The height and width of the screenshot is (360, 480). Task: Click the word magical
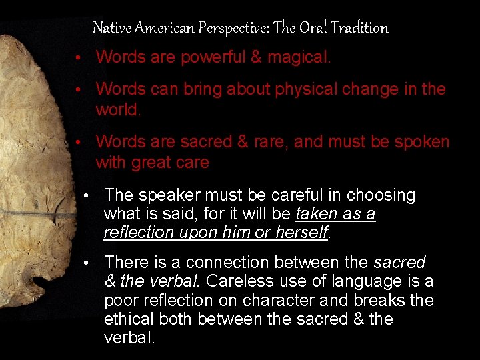299,57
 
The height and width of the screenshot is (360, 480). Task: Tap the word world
118,109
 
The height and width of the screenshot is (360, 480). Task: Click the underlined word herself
301,232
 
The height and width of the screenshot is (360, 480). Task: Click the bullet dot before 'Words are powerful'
79,58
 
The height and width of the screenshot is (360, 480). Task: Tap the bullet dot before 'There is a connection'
87,263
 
